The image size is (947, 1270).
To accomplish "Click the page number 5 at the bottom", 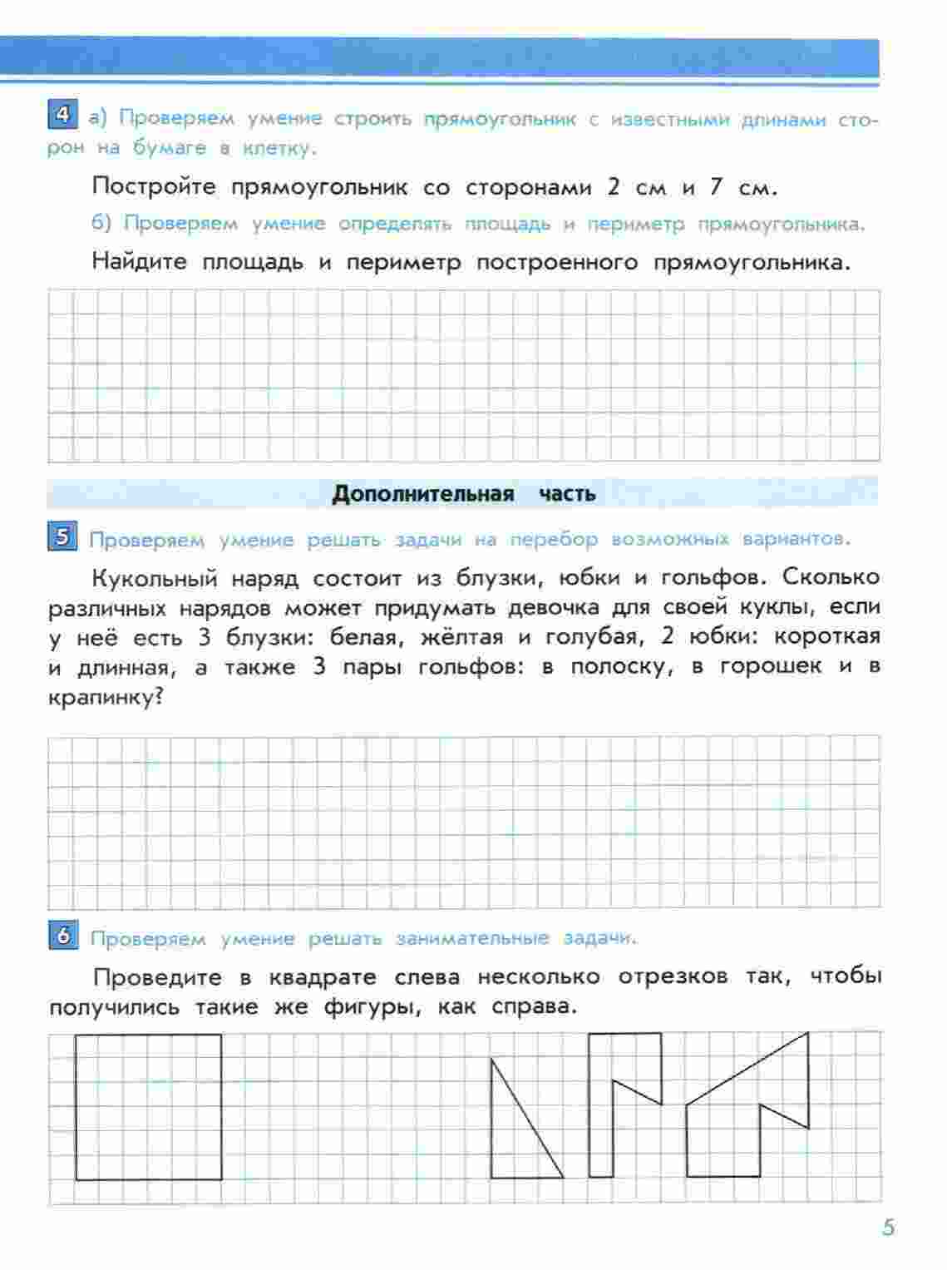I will (888, 1228).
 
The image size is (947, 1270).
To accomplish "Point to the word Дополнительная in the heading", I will (423, 494).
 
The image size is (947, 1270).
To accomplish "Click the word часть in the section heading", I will (567, 494).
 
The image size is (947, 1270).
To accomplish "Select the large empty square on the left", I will (149, 1106).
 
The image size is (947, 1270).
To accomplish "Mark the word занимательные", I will (472, 938).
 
